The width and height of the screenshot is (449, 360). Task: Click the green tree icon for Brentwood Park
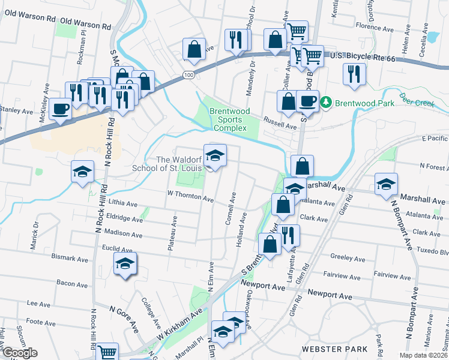[326, 103]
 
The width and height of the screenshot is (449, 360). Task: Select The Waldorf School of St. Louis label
[177, 164]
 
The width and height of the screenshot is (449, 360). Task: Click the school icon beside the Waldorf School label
[215, 156]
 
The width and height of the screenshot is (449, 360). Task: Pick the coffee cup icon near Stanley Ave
[60, 109]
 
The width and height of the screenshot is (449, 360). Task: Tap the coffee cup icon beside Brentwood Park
[308, 101]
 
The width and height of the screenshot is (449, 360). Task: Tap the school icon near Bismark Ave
[125, 264]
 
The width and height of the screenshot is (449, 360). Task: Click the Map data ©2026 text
[423, 355]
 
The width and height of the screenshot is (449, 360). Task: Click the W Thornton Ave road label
[190, 197]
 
